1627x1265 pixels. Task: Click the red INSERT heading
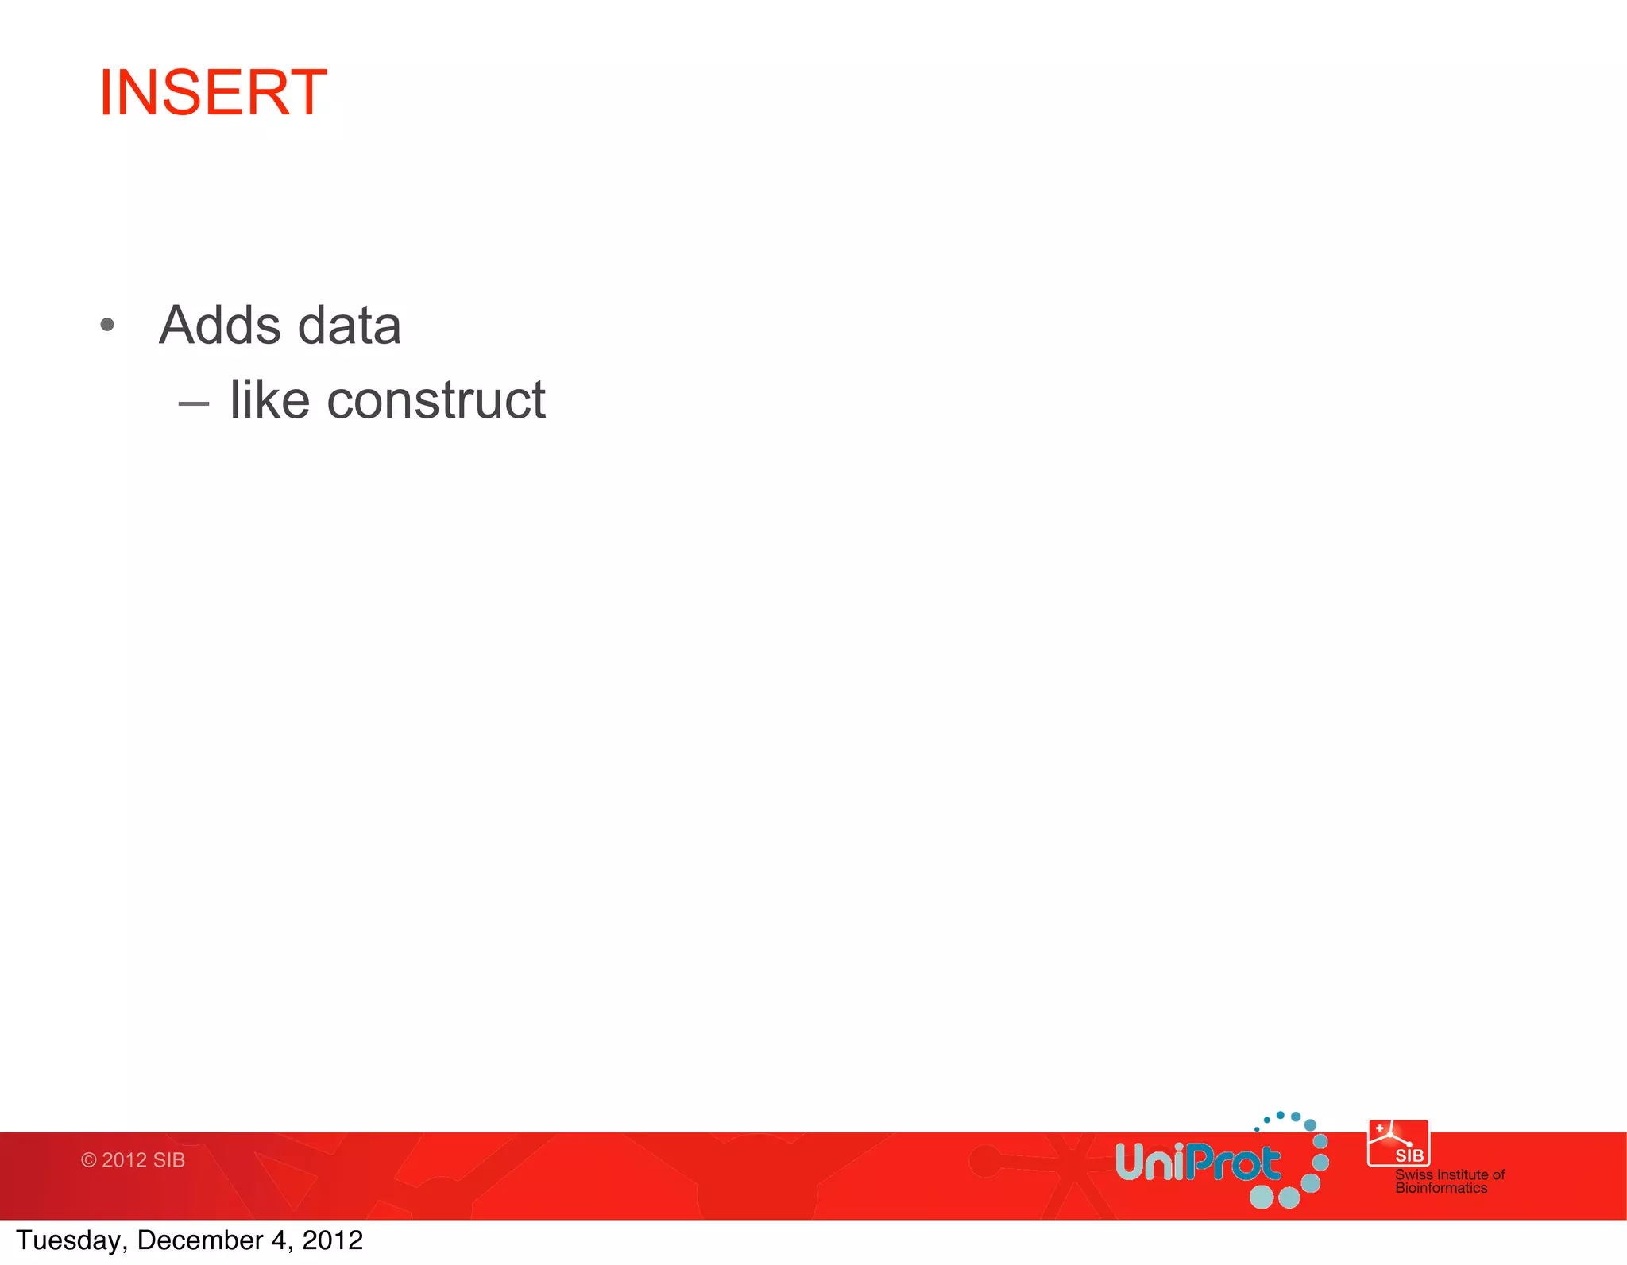coord(213,93)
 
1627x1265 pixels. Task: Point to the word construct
coord(436,401)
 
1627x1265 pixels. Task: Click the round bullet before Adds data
coord(108,325)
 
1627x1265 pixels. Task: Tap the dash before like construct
coord(193,404)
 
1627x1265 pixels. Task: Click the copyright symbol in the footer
coord(88,1160)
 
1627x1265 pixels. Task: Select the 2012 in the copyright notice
coord(124,1160)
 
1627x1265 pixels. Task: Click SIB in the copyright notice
coord(168,1160)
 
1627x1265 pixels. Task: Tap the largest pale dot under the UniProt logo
coord(1262,1197)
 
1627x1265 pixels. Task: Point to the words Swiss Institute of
coord(1450,1174)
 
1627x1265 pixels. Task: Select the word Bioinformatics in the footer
coord(1441,1188)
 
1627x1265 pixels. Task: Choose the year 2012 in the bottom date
coord(332,1240)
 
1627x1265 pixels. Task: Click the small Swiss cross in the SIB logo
coord(1379,1128)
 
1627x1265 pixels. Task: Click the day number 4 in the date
coord(278,1240)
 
